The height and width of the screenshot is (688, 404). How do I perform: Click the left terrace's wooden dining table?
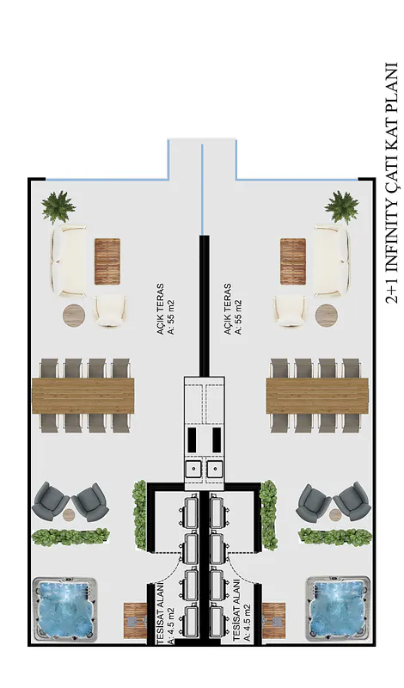point(83,396)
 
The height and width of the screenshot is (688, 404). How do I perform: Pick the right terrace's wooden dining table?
point(317,396)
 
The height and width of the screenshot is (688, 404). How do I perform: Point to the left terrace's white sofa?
point(68,259)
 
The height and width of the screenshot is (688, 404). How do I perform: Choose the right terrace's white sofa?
point(332,259)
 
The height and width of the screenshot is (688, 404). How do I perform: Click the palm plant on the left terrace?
point(58,206)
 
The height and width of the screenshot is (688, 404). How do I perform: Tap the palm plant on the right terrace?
point(342,206)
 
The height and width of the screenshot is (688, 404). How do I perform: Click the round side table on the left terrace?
point(74,315)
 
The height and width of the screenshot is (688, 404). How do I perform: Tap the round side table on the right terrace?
point(327,315)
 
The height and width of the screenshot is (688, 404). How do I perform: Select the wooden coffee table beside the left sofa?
point(107,261)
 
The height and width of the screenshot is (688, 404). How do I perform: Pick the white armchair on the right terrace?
point(291,310)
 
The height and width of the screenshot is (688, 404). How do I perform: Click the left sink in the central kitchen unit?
point(193,470)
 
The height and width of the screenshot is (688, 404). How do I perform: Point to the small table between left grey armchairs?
point(70,514)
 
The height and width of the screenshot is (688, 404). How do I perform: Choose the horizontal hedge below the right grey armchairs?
point(335,536)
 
